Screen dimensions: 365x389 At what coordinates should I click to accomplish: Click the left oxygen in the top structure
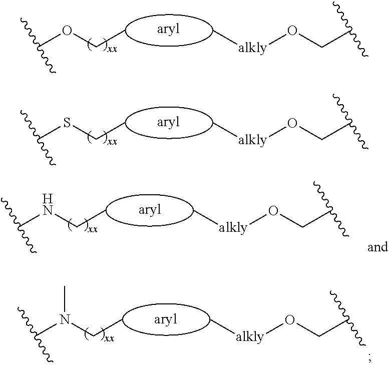[67, 32]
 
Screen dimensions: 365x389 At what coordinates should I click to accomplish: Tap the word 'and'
[377, 247]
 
